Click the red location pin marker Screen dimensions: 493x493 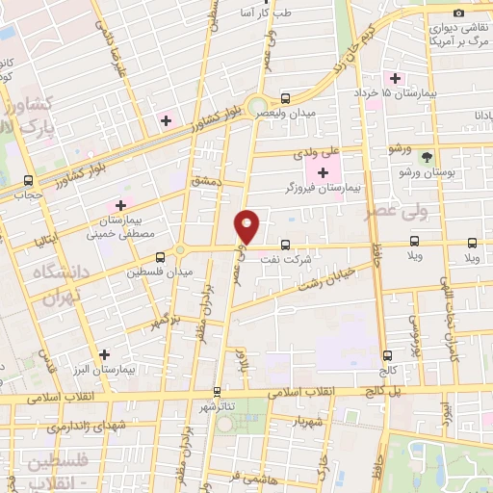[x=247, y=225]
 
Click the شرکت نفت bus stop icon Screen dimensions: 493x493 [x=285, y=245]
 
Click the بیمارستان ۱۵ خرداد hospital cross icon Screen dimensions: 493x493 [x=394, y=77]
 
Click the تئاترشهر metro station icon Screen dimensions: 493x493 [x=218, y=392]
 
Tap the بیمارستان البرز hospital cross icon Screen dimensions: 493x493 [x=104, y=354]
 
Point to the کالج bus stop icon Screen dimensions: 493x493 [x=387, y=354]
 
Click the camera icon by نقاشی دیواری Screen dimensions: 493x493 [x=458, y=13]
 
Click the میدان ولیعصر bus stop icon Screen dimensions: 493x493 [x=286, y=98]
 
